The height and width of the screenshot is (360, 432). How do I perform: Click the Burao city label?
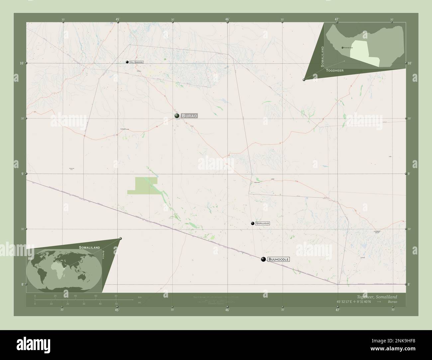[189, 116]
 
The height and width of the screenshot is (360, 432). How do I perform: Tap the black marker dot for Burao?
[177, 116]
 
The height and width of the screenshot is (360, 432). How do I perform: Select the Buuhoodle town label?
[278, 259]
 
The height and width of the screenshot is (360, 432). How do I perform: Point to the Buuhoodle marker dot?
[264, 259]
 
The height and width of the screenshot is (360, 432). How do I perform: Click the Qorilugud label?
[263, 224]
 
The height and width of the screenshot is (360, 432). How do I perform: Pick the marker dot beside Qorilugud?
[253, 224]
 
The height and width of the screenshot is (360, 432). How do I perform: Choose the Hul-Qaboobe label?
[137, 62]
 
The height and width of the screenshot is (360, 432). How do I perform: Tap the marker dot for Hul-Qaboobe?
[127, 62]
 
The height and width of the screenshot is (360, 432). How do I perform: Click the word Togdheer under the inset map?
[335, 71]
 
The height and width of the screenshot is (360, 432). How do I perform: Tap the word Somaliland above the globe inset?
[89, 248]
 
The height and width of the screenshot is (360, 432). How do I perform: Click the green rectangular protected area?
[142, 185]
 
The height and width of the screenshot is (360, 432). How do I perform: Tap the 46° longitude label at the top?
[227, 19]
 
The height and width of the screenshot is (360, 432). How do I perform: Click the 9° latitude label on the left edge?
[22, 174]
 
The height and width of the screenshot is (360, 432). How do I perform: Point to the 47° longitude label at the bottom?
[338, 310]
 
